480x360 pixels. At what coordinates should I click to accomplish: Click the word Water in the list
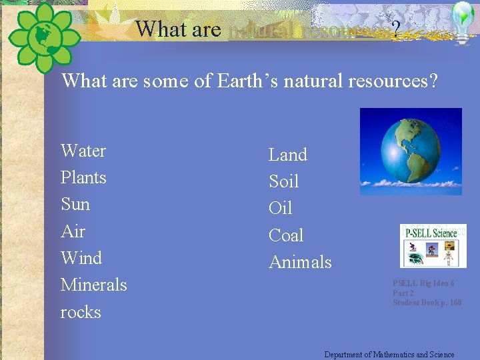tap(83, 151)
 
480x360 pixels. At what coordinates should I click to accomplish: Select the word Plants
tap(83, 178)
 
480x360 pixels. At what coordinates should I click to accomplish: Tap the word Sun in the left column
tap(75, 205)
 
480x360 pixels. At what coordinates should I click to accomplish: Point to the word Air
tap(73, 232)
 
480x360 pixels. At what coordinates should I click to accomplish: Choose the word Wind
tap(81, 259)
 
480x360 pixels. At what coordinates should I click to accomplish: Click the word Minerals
tap(94, 285)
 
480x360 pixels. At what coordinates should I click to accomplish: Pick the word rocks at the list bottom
tap(81, 312)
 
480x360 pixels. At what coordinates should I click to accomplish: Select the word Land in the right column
tap(288, 155)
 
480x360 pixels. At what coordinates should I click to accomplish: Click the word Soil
tap(284, 182)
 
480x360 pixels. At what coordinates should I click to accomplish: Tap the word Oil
tap(281, 209)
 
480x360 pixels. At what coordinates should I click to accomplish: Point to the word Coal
tap(286, 236)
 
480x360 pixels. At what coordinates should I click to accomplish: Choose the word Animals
tap(300, 263)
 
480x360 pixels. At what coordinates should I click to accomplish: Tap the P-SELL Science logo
tap(433, 245)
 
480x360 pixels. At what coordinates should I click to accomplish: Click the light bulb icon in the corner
tap(463, 21)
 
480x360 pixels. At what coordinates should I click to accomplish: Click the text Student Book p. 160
tap(427, 303)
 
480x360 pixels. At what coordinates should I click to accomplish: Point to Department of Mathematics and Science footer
tap(389, 355)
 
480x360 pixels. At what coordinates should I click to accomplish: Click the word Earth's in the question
tap(247, 81)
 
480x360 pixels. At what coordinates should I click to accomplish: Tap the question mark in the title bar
tap(396, 29)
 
